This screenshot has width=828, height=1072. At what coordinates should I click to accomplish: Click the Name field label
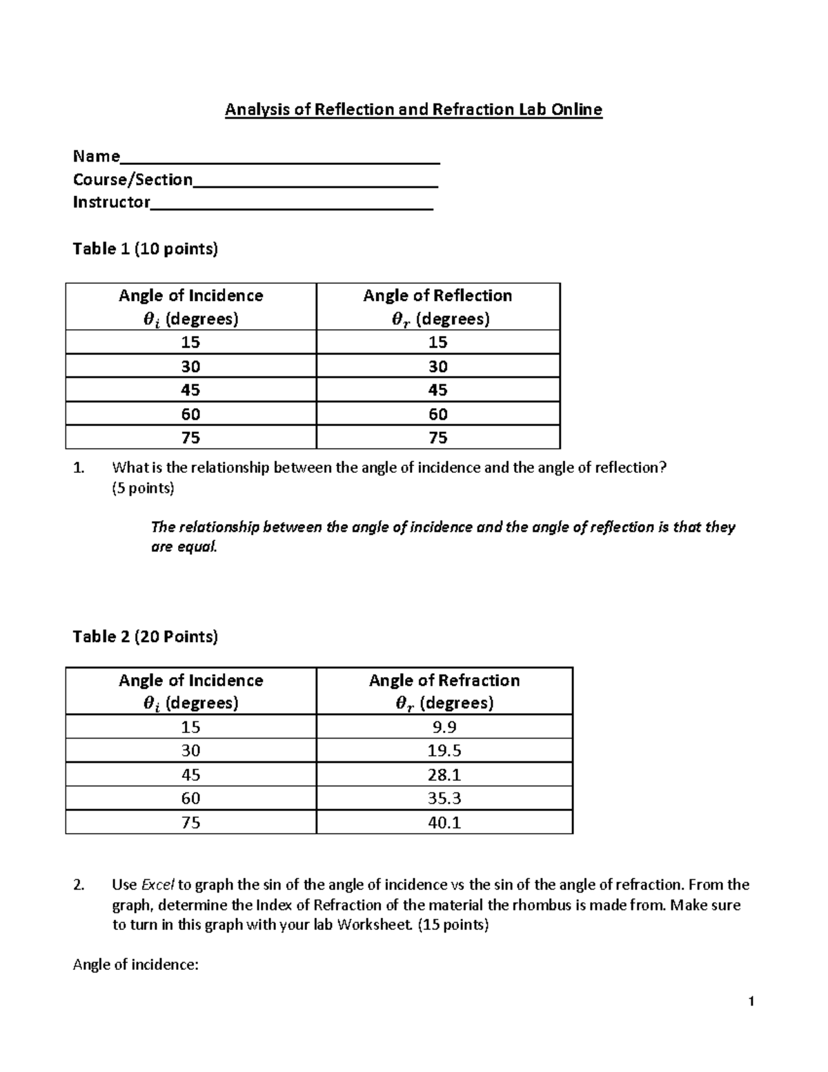point(97,157)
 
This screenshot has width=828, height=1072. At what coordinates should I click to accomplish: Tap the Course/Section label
point(133,180)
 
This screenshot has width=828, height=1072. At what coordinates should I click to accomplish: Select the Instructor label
point(112,202)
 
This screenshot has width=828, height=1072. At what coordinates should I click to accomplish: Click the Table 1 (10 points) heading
point(145,249)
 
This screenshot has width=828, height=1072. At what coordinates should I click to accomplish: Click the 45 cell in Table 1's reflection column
point(437,390)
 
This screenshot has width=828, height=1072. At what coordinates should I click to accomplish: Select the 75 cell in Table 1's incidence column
point(190,438)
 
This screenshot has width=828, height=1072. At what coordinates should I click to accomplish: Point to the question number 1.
point(78,468)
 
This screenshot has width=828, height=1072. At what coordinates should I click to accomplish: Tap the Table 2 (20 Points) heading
point(145,636)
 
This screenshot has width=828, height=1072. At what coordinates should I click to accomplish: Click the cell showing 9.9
point(444,727)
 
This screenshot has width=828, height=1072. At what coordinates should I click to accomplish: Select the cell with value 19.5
point(444,751)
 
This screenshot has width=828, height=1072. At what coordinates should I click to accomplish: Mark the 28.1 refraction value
point(444,774)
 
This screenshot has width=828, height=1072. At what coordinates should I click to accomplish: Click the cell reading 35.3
point(444,799)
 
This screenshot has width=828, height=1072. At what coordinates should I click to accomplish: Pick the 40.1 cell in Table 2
point(444,823)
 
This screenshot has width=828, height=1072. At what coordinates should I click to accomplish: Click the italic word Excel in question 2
point(158,885)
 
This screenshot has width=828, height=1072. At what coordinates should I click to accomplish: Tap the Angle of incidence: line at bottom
point(135,965)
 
